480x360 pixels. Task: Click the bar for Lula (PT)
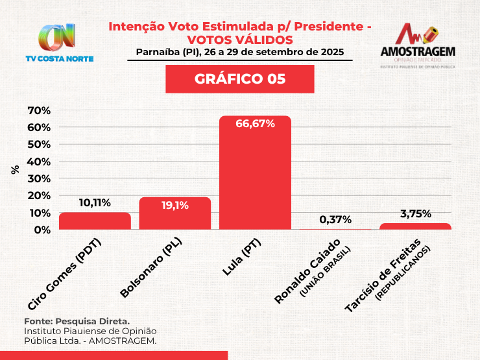tap(255, 173)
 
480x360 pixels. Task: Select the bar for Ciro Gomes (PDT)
tap(95, 221)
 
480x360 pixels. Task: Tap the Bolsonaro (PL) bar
tap(175, 214)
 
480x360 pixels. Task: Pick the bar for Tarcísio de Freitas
tap(415, 226)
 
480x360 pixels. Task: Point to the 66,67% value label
tap(256, 123)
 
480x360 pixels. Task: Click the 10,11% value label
tap(95, 203)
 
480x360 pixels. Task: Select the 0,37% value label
tap(335, 219)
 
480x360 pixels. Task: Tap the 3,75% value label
tap(415, 213)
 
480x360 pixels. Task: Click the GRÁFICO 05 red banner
tap(240, 79)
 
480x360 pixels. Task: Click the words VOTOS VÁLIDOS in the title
tap(240, 40)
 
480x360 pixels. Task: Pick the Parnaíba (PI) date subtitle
tap(240, 52)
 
